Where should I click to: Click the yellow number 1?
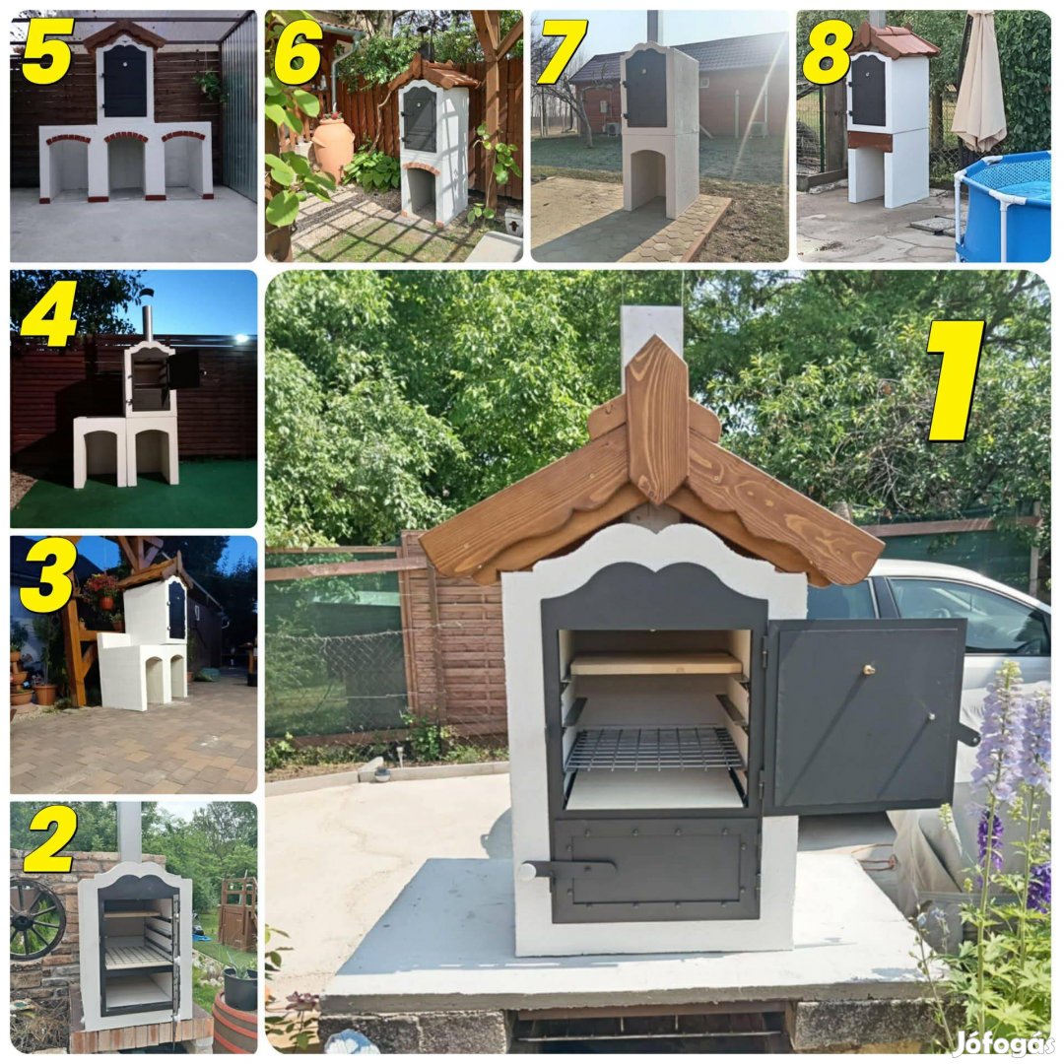(x=955, y=380)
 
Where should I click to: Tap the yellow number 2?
(x=49, y=838)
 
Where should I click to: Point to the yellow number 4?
(x=49, y=313)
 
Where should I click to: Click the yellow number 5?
(x=47, y=50)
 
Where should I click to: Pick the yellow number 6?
(x=298, y=51)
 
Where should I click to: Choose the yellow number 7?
(x=562, y=51)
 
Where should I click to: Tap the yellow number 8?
(x=827, y=51)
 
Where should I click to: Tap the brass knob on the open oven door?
(x=868, y=670)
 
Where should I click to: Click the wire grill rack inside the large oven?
(x=653, y=749)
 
